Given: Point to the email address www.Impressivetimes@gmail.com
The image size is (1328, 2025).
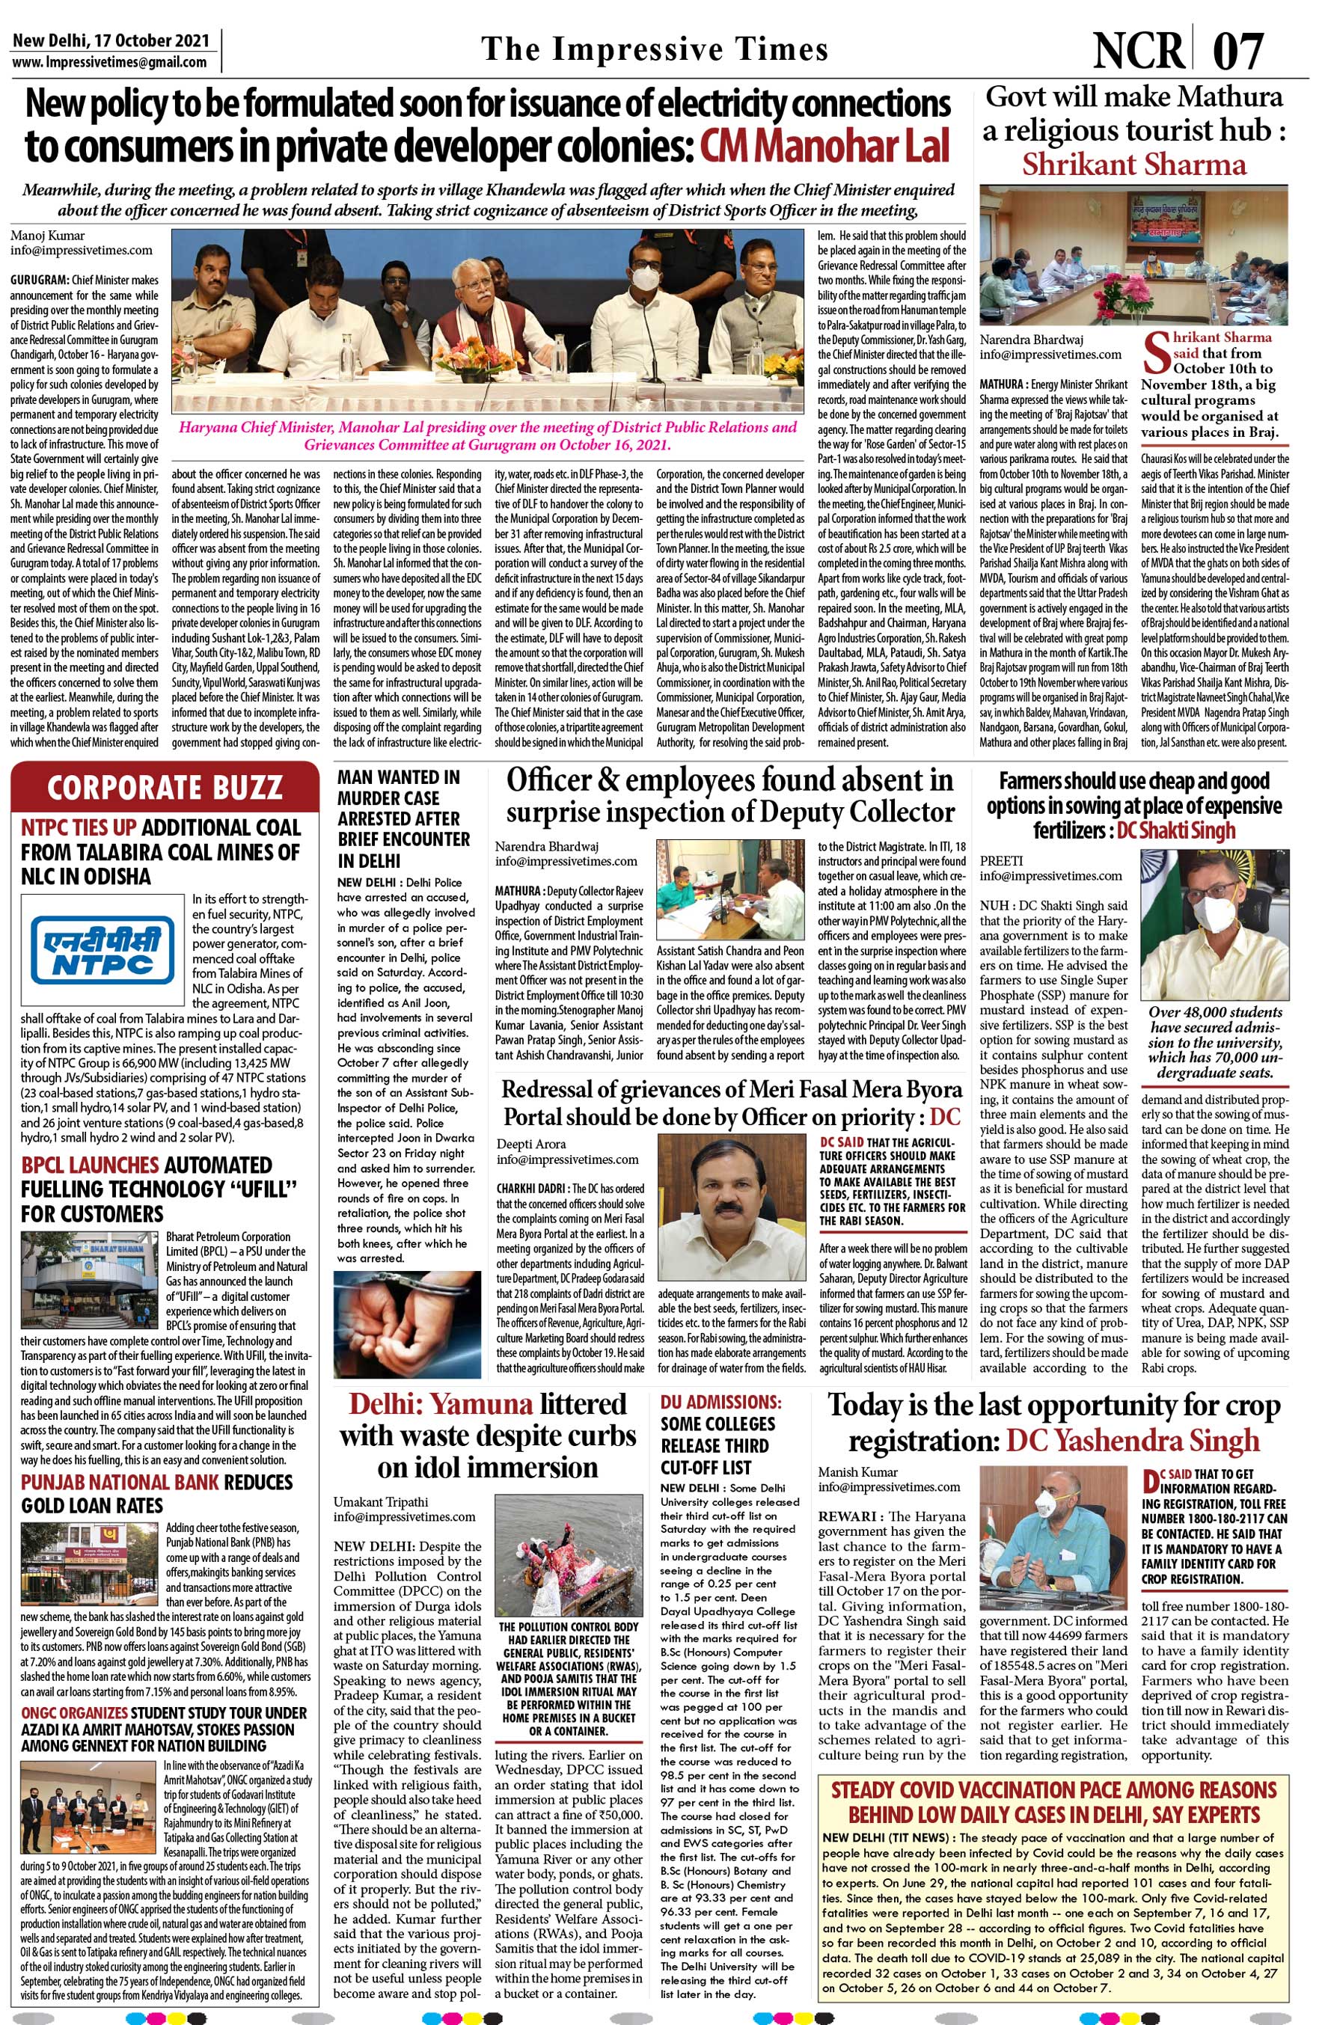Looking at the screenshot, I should click(110, 61).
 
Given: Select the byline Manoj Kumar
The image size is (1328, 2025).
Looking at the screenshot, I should click(48, 236).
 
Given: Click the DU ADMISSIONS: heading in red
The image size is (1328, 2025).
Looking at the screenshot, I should click(720, 1401).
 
